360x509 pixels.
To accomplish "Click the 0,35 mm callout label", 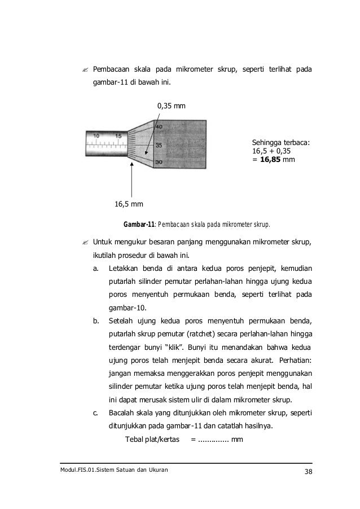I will [172, 106].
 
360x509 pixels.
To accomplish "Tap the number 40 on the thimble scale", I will [159, 127].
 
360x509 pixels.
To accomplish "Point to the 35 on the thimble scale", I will [159, 145].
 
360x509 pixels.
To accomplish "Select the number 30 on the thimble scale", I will [159, 163].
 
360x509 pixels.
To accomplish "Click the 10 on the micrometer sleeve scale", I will [96, 136].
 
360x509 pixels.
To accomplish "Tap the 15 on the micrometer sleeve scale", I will [118, 136].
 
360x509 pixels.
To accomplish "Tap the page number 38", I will [308, 472].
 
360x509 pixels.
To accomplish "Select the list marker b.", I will [96, 322].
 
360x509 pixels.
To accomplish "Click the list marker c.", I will [96, 413].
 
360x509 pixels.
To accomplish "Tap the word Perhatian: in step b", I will [297, 360].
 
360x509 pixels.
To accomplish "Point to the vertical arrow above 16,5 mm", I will [131, 178].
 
